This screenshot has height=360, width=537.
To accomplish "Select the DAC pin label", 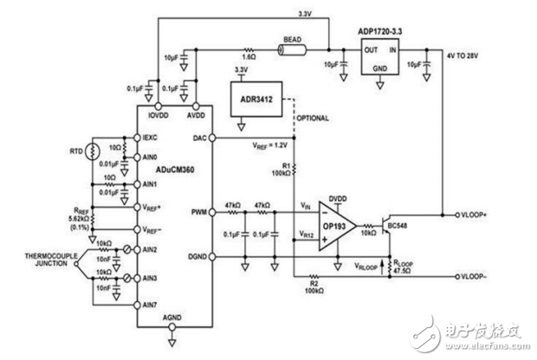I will pyautogui.click(x=200, y=138).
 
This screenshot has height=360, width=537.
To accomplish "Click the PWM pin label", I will pyautogui.click(x=199, y=209).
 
